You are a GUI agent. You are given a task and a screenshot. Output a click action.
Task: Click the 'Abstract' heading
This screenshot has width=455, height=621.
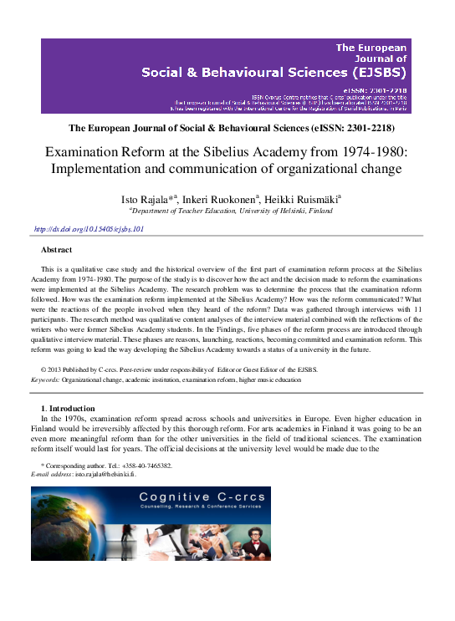click(x=56, y=250)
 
